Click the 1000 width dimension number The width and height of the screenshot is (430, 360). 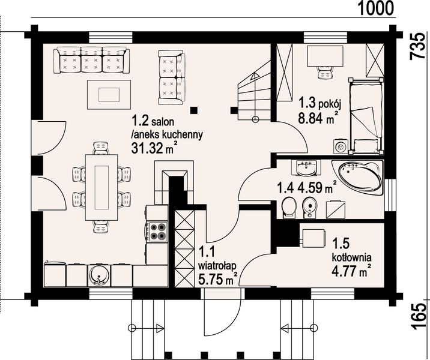tap(376, 8)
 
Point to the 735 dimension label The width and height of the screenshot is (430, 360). tap(417, 46)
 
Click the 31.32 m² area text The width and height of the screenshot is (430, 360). tap(153, 148)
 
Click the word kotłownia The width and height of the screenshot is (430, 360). tap(352, 257)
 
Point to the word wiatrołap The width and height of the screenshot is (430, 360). tap(217, 266)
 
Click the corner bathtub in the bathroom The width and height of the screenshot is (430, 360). tap(357, 177)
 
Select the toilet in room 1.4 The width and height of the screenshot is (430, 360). tap(288, 207)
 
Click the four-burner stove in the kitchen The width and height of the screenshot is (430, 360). tap(157, 232)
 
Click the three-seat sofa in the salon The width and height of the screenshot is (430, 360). tap(92, 60)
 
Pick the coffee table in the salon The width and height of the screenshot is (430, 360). tap(109, 95)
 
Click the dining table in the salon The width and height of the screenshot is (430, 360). tap(101, 188)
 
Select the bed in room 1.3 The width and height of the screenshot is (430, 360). tap(366, 115)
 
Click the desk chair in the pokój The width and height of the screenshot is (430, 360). tap(325, 72)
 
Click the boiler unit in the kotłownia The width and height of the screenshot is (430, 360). tap(313, 238)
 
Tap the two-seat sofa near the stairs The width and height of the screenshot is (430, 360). tap(172, 77)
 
